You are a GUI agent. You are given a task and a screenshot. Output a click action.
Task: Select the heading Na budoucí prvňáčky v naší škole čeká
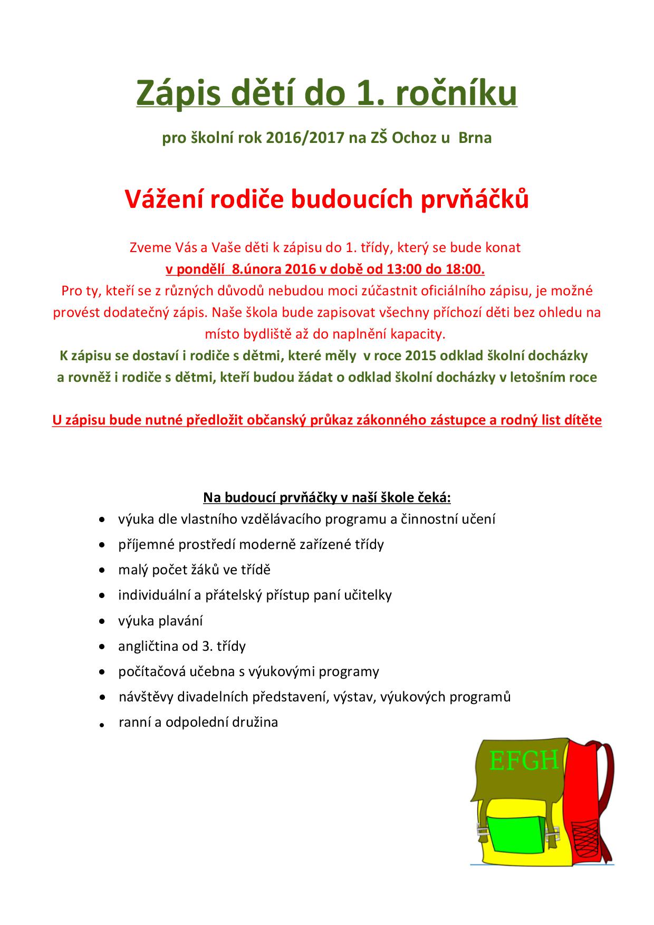327,497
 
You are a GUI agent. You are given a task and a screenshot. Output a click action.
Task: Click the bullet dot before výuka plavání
102,621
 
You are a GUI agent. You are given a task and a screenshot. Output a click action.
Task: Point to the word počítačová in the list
149,671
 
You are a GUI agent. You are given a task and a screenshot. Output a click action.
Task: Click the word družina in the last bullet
258,722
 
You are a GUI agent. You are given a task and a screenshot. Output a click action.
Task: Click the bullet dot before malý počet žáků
102,570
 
